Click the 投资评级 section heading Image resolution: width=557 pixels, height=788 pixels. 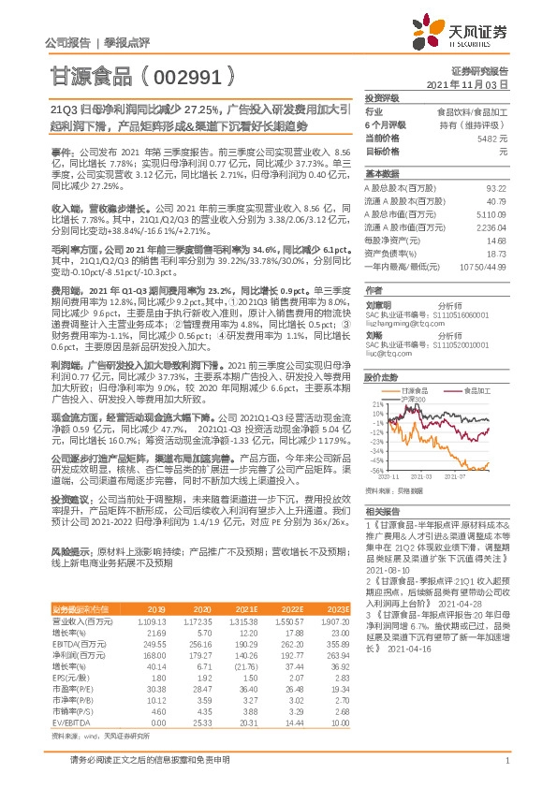[x=381, y=97]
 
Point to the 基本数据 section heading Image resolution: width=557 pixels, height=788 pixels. [x=381, y=174]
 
